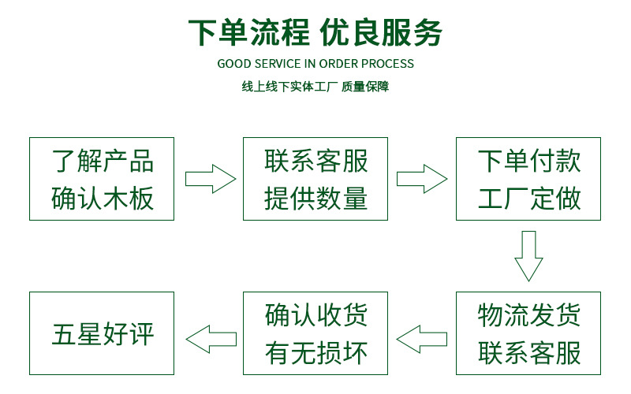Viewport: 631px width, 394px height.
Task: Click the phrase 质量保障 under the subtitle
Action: point(365,87)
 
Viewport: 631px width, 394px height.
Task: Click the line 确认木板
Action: point(102,198)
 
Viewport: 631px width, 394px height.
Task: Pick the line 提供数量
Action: point(315,198)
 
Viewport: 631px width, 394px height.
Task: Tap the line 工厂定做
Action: point(529,198)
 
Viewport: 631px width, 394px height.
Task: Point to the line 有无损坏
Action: point(315,352)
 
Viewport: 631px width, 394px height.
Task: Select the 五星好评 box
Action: point(102,333)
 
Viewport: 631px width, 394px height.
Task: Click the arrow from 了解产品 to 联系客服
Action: point(209,179)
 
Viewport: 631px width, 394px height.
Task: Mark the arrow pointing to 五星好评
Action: point(209,340)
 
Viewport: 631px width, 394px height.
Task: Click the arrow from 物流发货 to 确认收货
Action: point(422,340)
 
